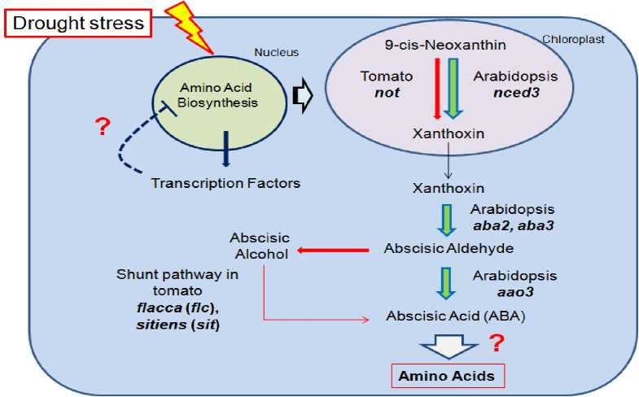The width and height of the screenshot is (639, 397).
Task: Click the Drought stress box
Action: pyautogui.click(x=79, y=24)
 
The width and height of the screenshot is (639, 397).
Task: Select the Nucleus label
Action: pyautogui.click(x=278, y=53)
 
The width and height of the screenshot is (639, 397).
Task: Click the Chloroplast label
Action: pyautogui.click(x=573, y=38)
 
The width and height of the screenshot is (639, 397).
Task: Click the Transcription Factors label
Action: pyautogui.click(x=225, y=183)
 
